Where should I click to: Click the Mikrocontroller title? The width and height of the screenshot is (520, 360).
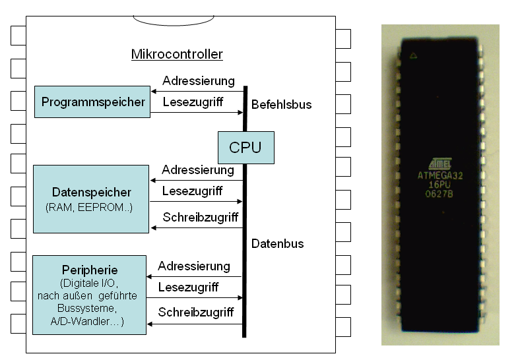point(177,54)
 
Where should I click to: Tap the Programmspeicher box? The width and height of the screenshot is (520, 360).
point(92,102)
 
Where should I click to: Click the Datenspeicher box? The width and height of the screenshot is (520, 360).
point(91,198)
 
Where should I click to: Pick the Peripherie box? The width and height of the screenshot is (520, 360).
point(89,295)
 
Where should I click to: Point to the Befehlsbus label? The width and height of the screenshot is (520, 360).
point(281,104)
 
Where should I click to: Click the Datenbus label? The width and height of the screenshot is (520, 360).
point(277,243)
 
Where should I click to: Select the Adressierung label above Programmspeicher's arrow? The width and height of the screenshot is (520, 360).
point(198,81)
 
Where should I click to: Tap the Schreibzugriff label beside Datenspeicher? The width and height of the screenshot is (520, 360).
point(200,217)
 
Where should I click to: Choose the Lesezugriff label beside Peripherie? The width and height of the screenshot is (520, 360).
point(188,287)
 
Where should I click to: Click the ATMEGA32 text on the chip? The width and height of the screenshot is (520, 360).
point(439,175)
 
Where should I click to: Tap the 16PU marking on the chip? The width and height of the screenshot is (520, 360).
point(439,185)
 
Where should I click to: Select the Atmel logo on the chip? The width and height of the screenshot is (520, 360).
point(439,163)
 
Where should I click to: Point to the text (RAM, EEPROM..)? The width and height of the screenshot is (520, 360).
point(89,208)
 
